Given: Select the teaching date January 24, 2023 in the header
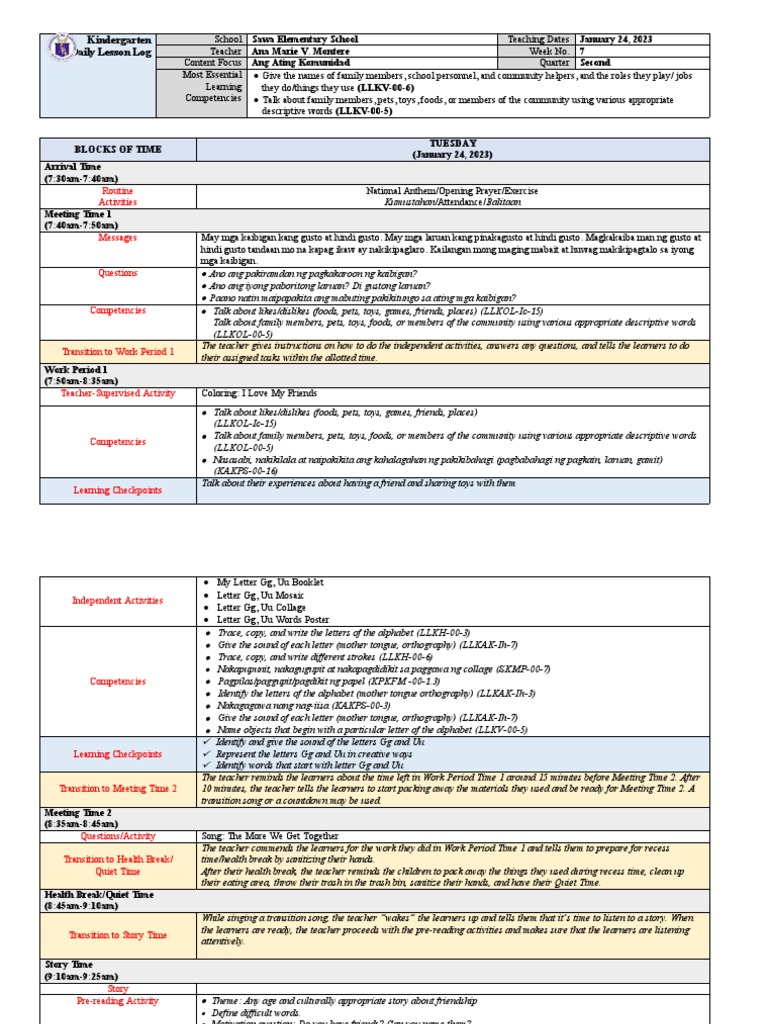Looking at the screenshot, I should click(x=616, y=39).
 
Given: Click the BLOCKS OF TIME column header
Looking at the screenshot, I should click(x=117, y=149).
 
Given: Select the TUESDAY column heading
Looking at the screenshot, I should click(x=452, y=143).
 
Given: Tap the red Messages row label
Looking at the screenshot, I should click(x=117, y=238).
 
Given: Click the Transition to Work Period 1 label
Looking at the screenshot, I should click(x=117, y=352).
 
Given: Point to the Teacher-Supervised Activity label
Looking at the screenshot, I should click(x=117, y=394).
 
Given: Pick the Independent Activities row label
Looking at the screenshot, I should click(x=117, y=601).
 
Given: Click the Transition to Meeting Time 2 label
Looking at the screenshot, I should click(x=117, y=789).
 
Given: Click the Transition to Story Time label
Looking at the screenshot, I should click(x=117, y=935).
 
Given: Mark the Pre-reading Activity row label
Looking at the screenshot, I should click(x=117, y=1000).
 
